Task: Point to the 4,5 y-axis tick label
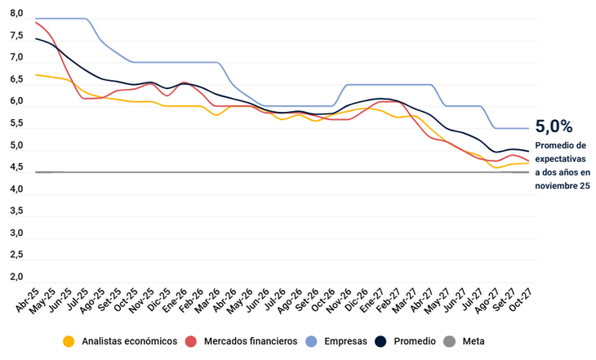point(17,167)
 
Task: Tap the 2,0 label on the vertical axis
point(17,277)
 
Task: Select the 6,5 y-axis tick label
point(17,80)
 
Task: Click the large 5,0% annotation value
point(554,127)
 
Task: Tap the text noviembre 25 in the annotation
point(563,186)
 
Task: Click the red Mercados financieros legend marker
point(192,341)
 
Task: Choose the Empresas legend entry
point(345,341)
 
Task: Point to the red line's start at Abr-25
point(36,22)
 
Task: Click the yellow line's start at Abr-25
point(36,75)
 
